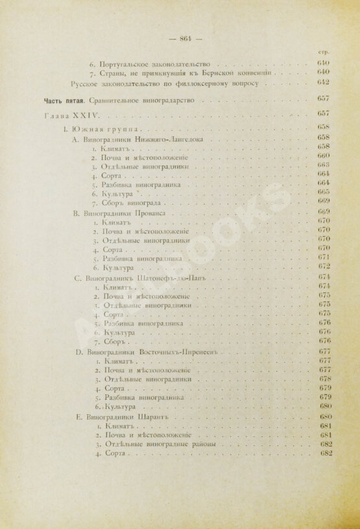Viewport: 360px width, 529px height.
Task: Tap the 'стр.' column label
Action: click(326, 52)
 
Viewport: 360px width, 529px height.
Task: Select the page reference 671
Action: click(325, 257)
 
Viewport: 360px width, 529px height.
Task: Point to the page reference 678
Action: click(325, 379)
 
